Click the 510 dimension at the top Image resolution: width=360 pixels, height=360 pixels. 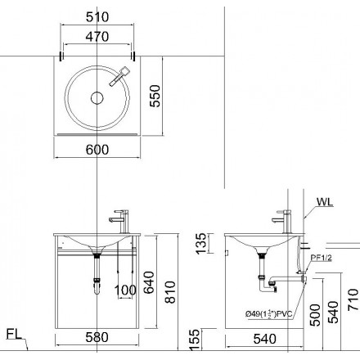pyautogui.click(x=97, y=17)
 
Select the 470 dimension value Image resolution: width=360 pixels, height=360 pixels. pyautogui.click(x=97, y=37)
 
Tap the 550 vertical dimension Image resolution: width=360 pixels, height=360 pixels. pyautogui.click(x=155, y=96)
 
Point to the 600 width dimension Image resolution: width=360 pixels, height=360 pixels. pyautogui.click(x=97, y=150)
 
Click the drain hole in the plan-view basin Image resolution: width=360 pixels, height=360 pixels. pyautogui.click(x=97, y=98)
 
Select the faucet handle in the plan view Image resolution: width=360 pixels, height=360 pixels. pyautogui.click(x=119, y=76)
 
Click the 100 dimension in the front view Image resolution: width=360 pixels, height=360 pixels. pyautogui.click(x=125, y=290)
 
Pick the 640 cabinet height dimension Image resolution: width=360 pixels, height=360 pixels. pyautogui.click(x=149, y=282)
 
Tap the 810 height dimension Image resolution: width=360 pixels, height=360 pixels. pyautogui.click(x=170, y=292)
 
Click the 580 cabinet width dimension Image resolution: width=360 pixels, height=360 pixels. pyautogui.click(x=97, y=337)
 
